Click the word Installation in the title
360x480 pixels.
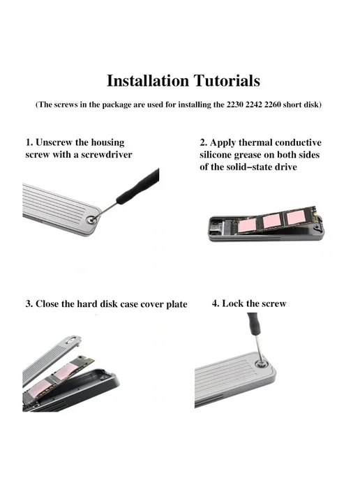point(148,81)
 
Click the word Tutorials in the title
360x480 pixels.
point(227,81)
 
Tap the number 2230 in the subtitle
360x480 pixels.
point(235,105)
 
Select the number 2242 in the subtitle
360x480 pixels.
point(254,105)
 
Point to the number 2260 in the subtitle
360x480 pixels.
point(273,105)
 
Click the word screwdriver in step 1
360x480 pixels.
point(107,155)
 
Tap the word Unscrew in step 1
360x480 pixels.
point(54,142)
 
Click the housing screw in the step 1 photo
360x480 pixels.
point(91,219)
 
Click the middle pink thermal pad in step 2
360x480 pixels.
point(273,220)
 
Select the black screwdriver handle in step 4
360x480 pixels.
point(253,324)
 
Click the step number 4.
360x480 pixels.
point(215,303)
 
